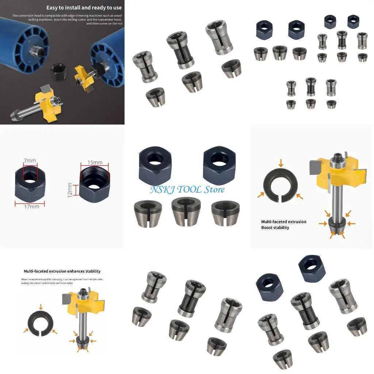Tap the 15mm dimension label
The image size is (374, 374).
[x=95, y=162]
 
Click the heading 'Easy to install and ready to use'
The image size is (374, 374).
[x=84, y=7]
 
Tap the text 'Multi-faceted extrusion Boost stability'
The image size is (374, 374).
[x=283, y=225]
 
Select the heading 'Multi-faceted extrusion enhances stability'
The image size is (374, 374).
[x=62, y=271]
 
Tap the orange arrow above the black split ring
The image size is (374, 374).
[x=41, y=306]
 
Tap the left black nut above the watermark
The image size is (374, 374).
[x=153, y=164]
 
